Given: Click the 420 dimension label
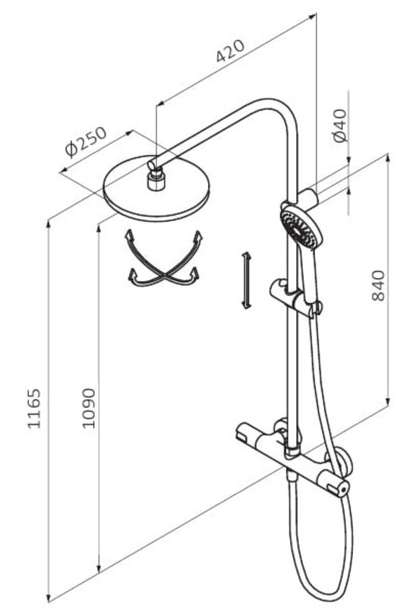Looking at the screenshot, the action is pyautogui.click(x=231, y=50).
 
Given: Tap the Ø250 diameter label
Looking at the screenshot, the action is pyautogui.click(x=86, y=141).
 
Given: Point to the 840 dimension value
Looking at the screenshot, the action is pyautogui.click(x=378, y=286).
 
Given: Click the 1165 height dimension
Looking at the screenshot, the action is pyautogui.click(x=34, y=408).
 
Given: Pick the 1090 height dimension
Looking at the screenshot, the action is pyautogui.click(x=89, y=408).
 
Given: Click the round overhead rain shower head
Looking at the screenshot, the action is pyautogui.click(x=156, y=188).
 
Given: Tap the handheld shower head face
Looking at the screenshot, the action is pyautogui.click(x=301, y=228).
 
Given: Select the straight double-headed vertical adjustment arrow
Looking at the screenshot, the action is pyautogui.click(x=246, y=280).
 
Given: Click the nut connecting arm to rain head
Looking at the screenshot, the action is pyautogui.click(x=156, y=182).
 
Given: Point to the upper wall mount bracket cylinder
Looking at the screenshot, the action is pyautogui.click(x=309, y=197).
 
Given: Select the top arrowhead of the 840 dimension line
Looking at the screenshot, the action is pyautogui.click(x=388, y=158).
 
